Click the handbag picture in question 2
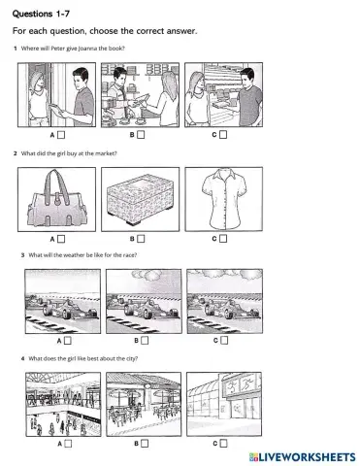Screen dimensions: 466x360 58,198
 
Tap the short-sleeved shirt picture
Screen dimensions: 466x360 223,197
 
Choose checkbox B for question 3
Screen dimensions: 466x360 141,341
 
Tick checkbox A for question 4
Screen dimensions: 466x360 68,444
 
